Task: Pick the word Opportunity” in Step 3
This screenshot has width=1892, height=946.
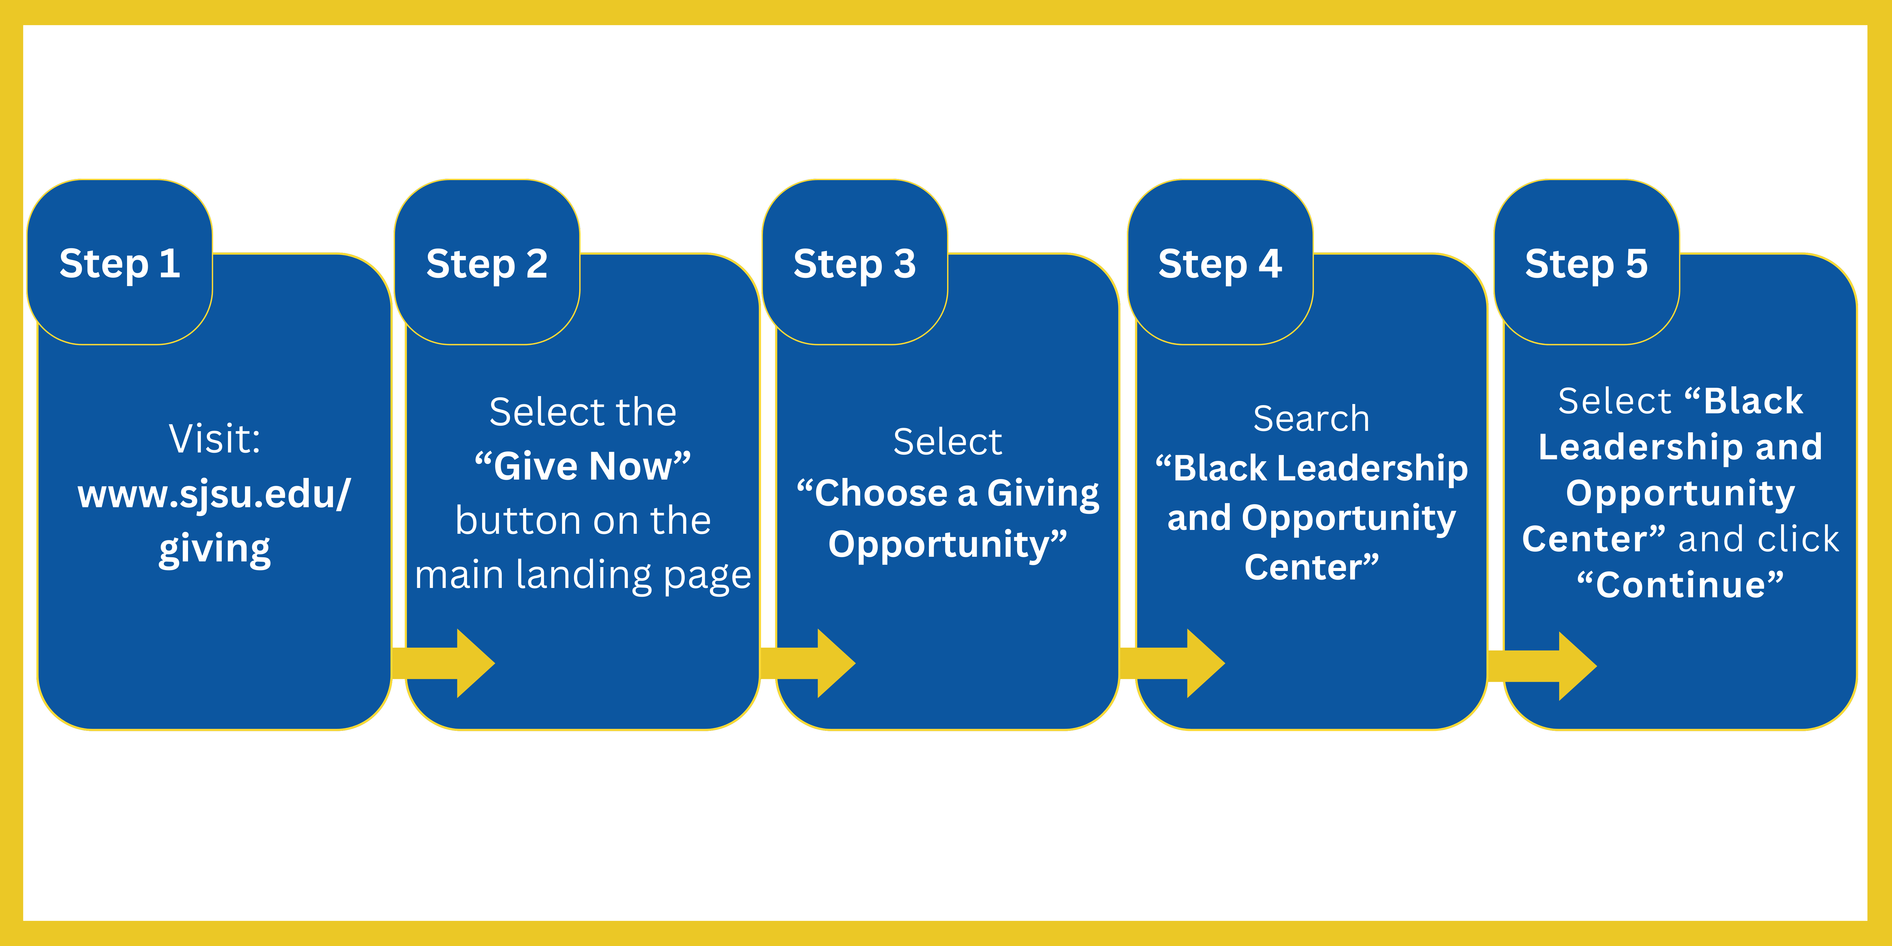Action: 947,544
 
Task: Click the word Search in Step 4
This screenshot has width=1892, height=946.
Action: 1311,419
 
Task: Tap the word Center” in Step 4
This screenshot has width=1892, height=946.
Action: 1311,567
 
